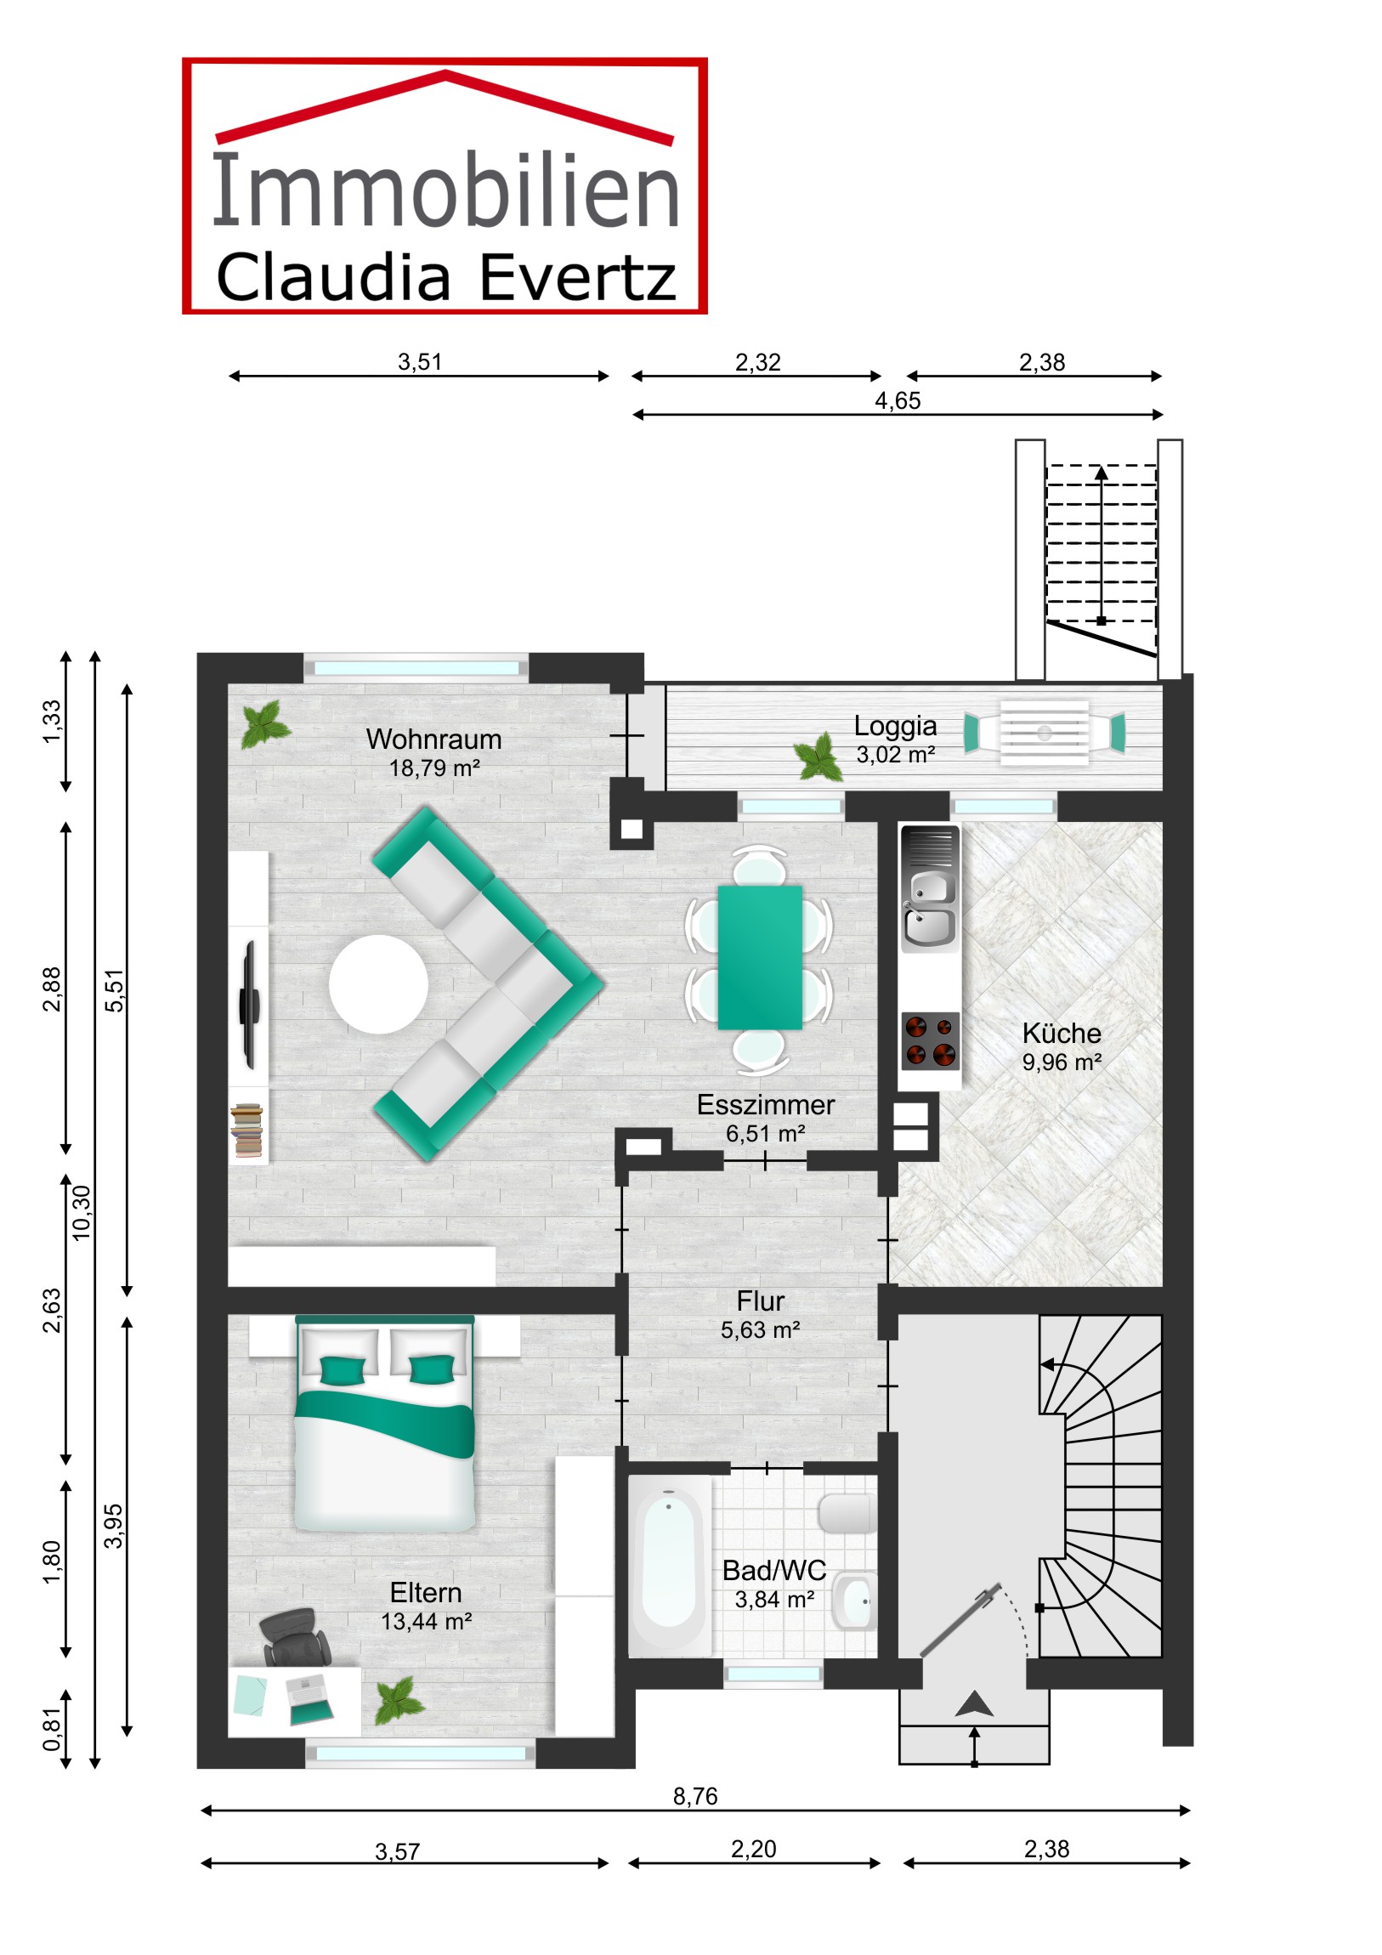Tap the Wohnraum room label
pyautogui.click(x=433, y=739)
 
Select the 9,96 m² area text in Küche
pyautogui.click(x=1062, y=1062)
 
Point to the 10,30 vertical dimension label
pyautogui.click(x=81, y=1212)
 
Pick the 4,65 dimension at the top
pyautogui.click(x=898, y=400)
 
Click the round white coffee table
pyautogui.click(x=378, y=984)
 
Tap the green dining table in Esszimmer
pyautogui.click(x=760, y=958)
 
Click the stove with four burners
pyautogui.click(x=930, y=1040)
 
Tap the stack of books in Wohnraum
pyautogui.click(x=247, y=1130)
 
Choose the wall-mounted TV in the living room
pyautogui.click(x=250, y=1005)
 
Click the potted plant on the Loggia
pyautogui.click(x=819, y=756)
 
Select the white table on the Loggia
pyautogui.click(x=1044, y=732)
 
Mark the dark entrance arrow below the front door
pyautogui.click(x=974, y=1703)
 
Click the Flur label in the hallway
pyautogui.click(x=761, y=1301)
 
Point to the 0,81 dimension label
pyautogui.click(x=52, y=1730)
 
